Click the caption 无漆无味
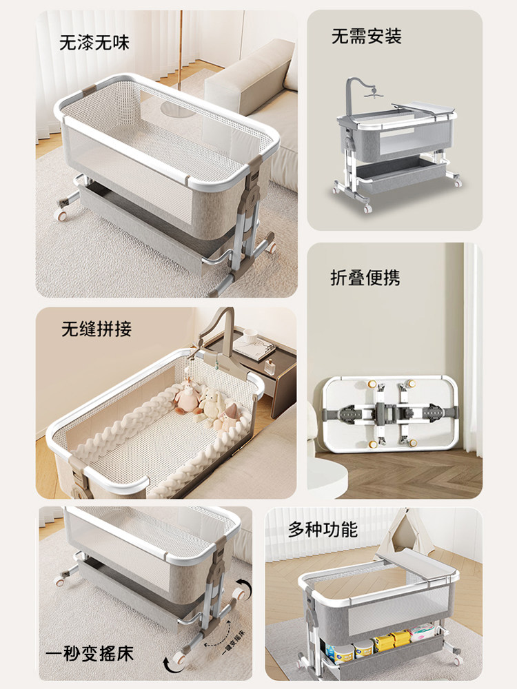(94, 43)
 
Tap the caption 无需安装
(366, 36)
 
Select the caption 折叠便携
(365, 278)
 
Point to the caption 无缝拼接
(97, 329)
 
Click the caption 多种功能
(323, 529)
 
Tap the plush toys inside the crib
(207, 407)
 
